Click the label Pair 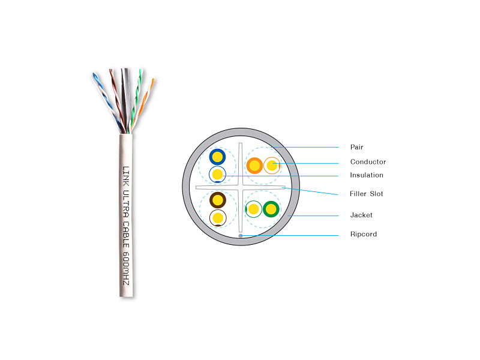[x=356, y=147]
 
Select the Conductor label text [x=368, y=162]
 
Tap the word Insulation [x=367, y=175]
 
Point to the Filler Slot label [x=366, y=194]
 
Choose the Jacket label [x=361, y=215]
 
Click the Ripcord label [x=364, y=234]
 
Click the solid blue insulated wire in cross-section [x=217, y=157]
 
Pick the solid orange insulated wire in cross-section [x=254, y=165]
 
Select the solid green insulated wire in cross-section [x=271, y=209]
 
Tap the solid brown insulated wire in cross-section [x=217, y=200]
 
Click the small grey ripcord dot [x=241, y=236]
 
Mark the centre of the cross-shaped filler [x=241, y=189]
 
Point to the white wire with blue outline [x=217, y=175]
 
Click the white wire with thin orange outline [x=272, y=165]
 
